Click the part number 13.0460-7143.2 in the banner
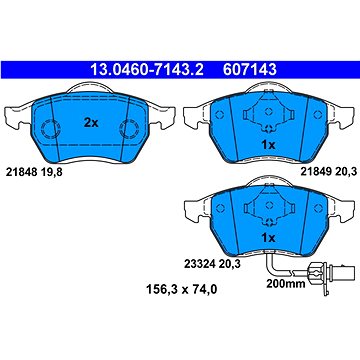[x=147, y=70]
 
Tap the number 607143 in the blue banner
[x=250, y=70]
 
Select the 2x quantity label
[x=91, y=123]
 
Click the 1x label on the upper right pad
[x=268, y=145]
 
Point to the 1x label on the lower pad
[x=268, y=238]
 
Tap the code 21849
[x=316, y=172]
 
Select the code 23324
[x=200, y=264]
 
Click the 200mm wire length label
[x=286, y=284]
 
